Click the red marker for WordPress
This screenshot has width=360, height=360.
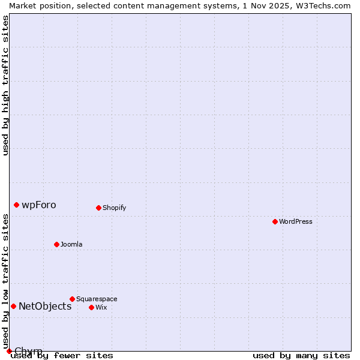pyautogui.click(x=275, y=221)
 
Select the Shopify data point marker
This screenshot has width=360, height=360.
pyautogui.click(x=98, y=208)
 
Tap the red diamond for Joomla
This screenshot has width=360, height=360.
pyautogui.click(x=56, y=244)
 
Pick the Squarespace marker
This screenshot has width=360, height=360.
pyautogui.click(x=72, y=299)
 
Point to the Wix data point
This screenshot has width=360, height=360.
pyautogui.click(x=91, y=307)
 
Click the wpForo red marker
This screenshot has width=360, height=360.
pyautogui.click(x=16, y=205)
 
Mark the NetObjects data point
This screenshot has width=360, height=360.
pyautogui.click(x=13, y=306)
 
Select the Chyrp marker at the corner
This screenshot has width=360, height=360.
pyautogui.click(x=9, y=351)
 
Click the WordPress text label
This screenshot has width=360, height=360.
pyautogui.click(x=296, y=221)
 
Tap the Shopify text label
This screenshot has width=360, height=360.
pyautogui.click(x=114, y=208)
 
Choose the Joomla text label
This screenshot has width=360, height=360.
pyautogui.click(x=71, y=244)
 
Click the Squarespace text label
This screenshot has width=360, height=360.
pyautogui.click(x=97, y=299)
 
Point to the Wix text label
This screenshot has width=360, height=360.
pyautogui.click(x=101, y=307)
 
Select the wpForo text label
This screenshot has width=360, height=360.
pyautogui.click(x=39, y=205)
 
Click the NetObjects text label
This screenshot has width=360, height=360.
pyautogui.click(x=45, y=306)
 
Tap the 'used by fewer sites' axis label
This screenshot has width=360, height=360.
pyautogui.click(x=62, y=356)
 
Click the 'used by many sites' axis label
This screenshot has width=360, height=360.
pyautogui.click(x=301, y=356)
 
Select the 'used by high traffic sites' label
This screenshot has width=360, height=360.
pyautogui.click(x=5, y=85)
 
